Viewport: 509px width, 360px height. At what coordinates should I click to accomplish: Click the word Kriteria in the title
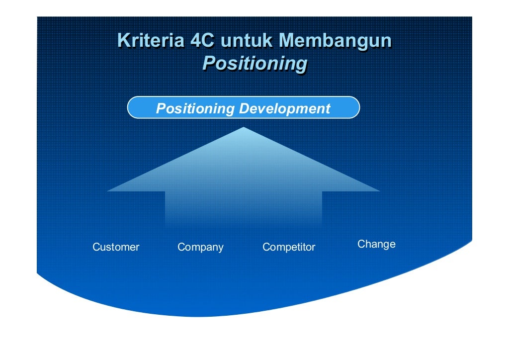coord(150,41)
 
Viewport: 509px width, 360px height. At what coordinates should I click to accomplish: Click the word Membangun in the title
coord(335,41)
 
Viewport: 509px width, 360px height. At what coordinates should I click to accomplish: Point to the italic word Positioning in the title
coord(254,64)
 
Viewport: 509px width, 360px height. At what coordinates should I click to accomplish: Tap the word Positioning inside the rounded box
coord(195,108)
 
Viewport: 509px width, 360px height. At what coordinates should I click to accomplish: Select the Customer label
coord(116,247)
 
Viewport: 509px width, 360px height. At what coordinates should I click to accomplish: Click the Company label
coord(200,247)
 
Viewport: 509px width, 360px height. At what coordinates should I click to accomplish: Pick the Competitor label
coord(289,247)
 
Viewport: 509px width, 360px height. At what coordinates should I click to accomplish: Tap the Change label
coord(376,244)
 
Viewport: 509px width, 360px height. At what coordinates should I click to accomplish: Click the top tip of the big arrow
coord(244,128)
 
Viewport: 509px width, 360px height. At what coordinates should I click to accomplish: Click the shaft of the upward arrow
coord(244,209)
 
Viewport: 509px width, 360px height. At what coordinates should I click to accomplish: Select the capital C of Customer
coord(96,247)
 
